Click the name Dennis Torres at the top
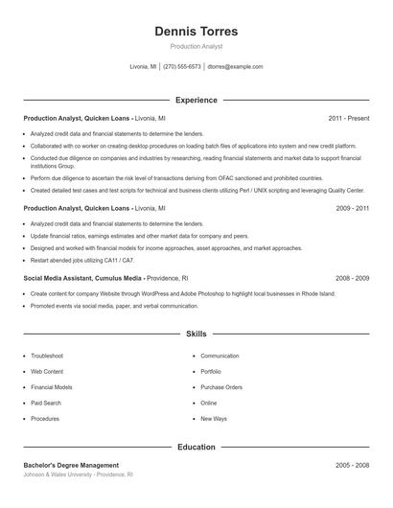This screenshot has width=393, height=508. [196, 32]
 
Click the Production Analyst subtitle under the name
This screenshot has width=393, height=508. [196, 47]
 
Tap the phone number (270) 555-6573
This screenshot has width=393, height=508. [182, 67]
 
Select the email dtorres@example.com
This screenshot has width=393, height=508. [235, 67]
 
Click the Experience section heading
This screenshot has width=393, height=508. [196, 100]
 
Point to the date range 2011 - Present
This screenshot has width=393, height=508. [349, 118]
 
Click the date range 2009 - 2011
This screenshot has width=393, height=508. [353, 207]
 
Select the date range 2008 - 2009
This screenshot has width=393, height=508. [353, 278]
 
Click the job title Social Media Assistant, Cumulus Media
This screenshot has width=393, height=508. [83, 278]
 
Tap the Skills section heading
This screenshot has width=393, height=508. [196, 334]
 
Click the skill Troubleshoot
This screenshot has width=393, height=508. [47, 356]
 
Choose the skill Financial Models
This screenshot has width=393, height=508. [52, 387]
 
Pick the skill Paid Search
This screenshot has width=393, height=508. [45, 404]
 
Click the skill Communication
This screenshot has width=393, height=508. [220, 356]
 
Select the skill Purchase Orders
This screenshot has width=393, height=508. [221, 387]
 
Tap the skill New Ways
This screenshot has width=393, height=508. [214, 419]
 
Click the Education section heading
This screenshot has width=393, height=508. [196, 447]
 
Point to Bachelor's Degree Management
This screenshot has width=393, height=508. [72, 465]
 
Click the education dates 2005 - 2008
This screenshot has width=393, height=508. [353, 465]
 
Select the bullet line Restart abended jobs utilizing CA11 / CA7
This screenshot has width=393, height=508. [82, 260]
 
